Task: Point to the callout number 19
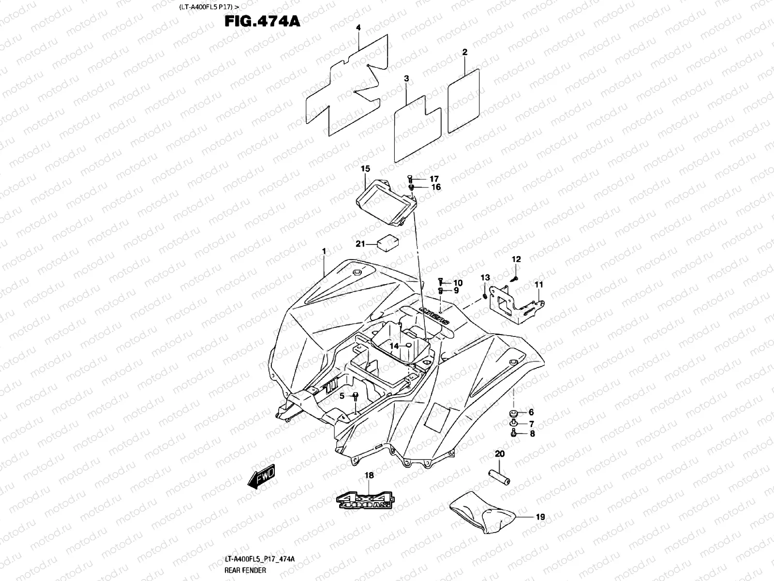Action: [540, 517]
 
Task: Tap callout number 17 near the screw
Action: [434, 178]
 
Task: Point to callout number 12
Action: [516, 260]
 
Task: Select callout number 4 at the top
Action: [358, 28]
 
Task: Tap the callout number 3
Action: [406, 78]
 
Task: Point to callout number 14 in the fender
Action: [394, 346]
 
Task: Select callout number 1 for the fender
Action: [324, 252]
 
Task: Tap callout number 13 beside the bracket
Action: [485, 277]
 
